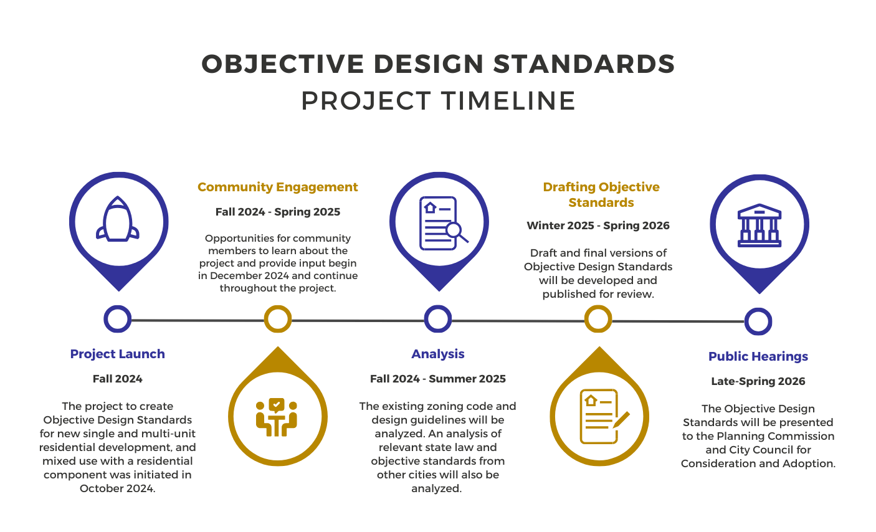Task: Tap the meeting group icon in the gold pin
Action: [x=277, y=417]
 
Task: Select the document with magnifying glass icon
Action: [x=440, y=223]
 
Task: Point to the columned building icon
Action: [x=759, y=225]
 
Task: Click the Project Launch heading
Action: [x=118, y=354]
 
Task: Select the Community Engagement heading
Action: [x=278, y=187]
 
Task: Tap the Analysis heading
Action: [x=438, y=354]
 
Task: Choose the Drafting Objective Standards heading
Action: [x=601, y=194]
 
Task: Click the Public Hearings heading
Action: [x=758, y=356]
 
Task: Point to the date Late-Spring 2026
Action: [x=758, y=381]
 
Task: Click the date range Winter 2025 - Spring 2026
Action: [x=598, y=226]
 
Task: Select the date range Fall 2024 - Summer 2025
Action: [x=438, y=379]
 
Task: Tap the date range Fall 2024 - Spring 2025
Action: [x=278, y=212]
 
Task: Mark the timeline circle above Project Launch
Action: [x=118, y=319]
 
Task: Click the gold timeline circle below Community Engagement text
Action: [x=278, y=319]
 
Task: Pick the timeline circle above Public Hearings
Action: [x=758, y=321]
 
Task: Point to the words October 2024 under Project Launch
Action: [x=117, y=488]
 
